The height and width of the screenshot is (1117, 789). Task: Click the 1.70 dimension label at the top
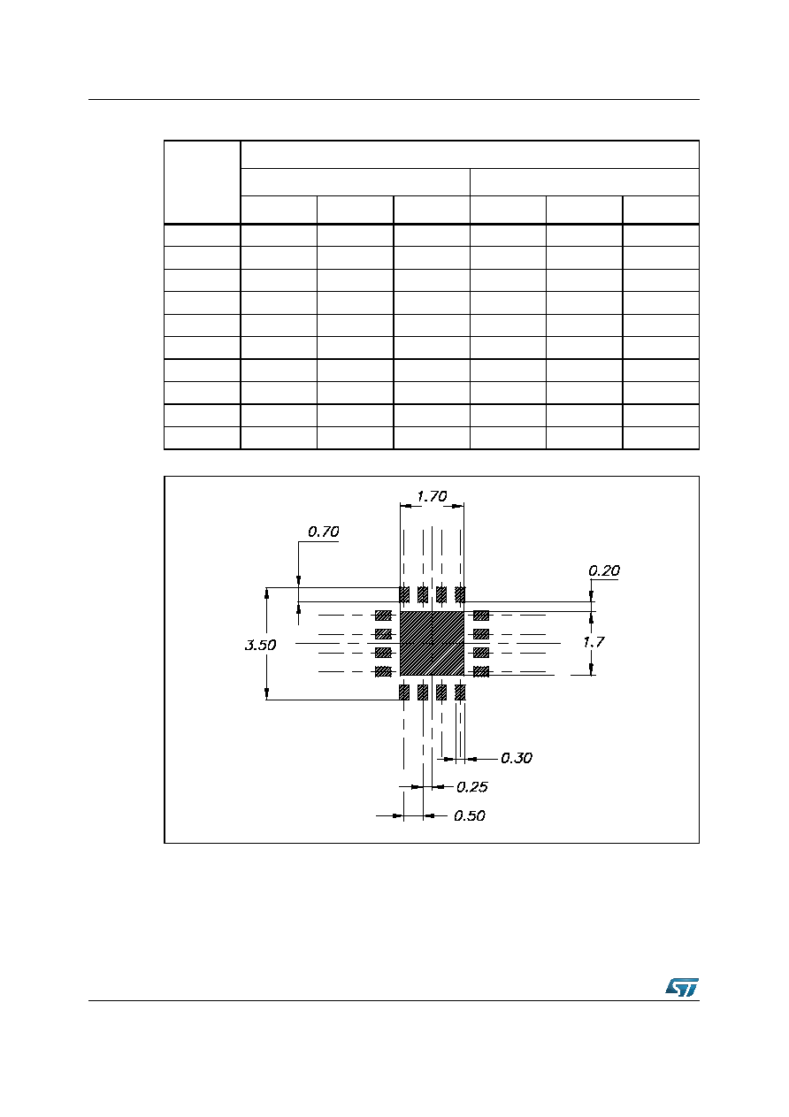[432, 497]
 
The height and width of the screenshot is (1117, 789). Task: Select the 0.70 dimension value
[323, 532]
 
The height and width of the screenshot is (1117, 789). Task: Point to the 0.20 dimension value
[604, 570]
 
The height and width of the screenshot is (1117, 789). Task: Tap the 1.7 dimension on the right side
[594, 642]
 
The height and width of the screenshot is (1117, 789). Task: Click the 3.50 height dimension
[260, 646]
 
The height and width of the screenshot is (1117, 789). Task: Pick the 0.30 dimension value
[517, 759]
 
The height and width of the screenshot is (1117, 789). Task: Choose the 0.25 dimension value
[471, 787]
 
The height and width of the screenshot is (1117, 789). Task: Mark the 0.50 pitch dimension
[470, 815]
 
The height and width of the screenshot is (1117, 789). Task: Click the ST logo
[682, 987]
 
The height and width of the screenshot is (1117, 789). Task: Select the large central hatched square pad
[432, 643]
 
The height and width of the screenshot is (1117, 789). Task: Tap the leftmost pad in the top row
[404, 594]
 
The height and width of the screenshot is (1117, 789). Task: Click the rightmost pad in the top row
[460, 594]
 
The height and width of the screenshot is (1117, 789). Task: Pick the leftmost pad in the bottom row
[404, 692]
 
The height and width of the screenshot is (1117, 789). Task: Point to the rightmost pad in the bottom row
[460, 692]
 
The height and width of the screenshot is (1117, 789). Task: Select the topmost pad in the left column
[383, 616]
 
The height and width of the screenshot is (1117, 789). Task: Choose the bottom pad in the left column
[383, 671]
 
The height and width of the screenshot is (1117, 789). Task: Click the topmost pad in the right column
[481, 616]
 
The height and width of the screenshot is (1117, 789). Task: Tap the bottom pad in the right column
[481, 671]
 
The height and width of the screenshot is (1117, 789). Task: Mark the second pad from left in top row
[423, 594]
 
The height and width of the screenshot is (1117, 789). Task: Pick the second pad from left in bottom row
[423, 692]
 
